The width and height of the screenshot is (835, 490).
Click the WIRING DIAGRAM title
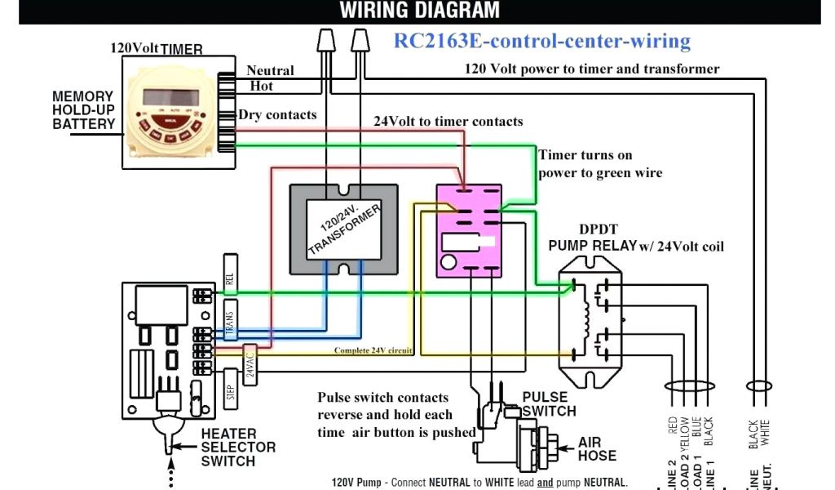(419, 11)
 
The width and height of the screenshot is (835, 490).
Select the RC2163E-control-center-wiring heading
(542, 41)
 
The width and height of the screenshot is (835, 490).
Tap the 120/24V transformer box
(344, 228)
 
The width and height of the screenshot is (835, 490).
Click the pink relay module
(468, 230)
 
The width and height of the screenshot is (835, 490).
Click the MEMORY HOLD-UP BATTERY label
(83, 110)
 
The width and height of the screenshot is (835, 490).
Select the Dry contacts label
(277, 115)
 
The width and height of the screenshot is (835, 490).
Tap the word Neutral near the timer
(270, 71)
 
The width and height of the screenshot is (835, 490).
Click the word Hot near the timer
(261, 86)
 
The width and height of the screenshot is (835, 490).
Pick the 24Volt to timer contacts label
(448, 122)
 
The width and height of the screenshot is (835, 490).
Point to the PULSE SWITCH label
(549, 404)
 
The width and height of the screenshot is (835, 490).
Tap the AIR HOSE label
(597, 449)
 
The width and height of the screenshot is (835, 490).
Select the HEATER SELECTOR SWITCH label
(238, 448)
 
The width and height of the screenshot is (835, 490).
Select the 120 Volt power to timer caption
(592, 69)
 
